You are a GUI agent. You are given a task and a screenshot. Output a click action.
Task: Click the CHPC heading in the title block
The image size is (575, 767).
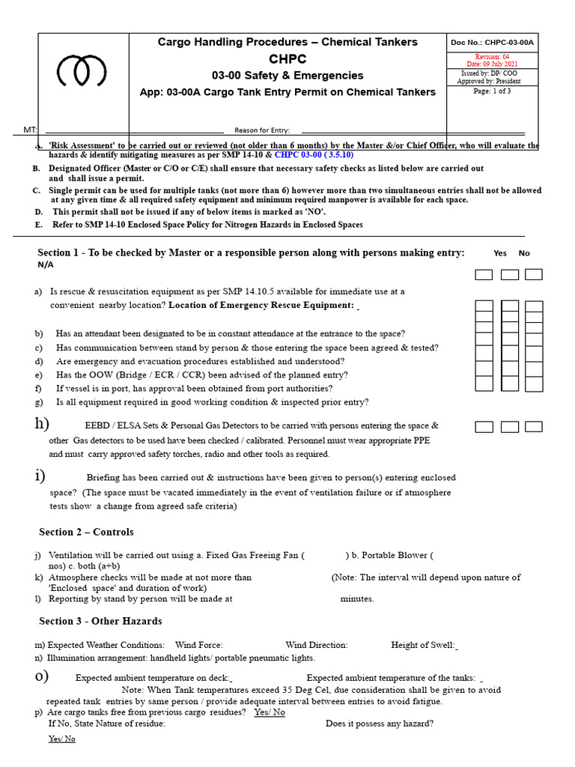coord(287,59)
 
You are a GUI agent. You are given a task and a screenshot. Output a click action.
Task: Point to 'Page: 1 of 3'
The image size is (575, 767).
coord(492,91)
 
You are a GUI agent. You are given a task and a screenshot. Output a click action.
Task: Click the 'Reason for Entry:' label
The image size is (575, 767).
coord(262,130)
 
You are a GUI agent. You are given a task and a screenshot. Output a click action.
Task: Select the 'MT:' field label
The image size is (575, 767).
coord(30,130)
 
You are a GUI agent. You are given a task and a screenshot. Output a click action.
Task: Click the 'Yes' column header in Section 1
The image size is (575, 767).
coord(500,253)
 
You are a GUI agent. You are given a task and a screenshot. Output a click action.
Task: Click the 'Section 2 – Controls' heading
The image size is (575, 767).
coord(86,532)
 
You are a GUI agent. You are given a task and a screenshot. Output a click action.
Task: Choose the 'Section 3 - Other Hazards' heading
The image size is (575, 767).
coord(100,621)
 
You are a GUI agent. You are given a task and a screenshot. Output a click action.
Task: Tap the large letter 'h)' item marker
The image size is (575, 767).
coord(42,424)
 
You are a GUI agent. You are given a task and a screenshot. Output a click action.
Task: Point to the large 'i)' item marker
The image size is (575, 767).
coord(40,476)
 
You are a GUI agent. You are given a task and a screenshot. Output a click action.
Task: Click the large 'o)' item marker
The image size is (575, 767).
coord(42,676)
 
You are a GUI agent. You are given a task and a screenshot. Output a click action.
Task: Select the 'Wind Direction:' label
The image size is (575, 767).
coord(317,645)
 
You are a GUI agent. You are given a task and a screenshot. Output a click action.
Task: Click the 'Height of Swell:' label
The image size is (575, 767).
coord(423,645)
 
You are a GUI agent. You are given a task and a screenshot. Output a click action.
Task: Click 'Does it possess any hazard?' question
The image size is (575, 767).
coord(380,724)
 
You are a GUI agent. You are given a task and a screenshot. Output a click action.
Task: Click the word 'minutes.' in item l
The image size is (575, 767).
coord(357,598)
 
